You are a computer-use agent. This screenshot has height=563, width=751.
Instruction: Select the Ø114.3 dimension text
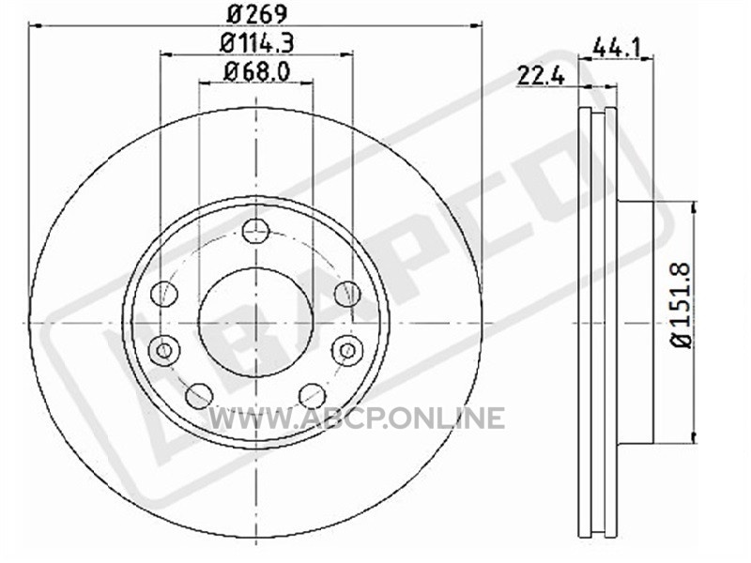tap(256, 42)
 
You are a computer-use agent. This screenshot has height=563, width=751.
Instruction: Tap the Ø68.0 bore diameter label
tap(256, 72)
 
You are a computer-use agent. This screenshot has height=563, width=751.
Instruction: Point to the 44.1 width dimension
tap(617, 47)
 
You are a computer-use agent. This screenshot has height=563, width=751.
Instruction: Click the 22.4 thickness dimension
tap(541, 76)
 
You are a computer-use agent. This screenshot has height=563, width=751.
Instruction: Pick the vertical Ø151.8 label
tap(682, 306)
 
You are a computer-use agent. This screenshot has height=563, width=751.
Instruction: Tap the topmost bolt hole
tap(256, 231)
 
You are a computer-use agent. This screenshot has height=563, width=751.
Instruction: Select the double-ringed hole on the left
tap(163, 351)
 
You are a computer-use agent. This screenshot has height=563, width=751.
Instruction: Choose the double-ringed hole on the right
tap(347, 350)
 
